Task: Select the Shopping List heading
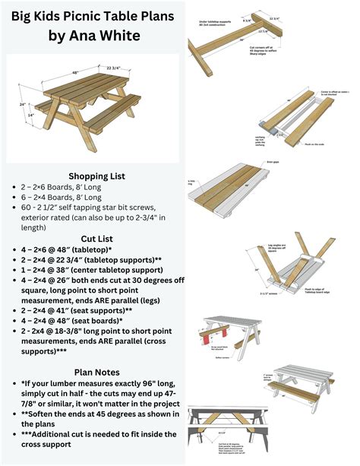click(x=98, y=175)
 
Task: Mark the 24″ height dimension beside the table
click(x=23, y=104)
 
